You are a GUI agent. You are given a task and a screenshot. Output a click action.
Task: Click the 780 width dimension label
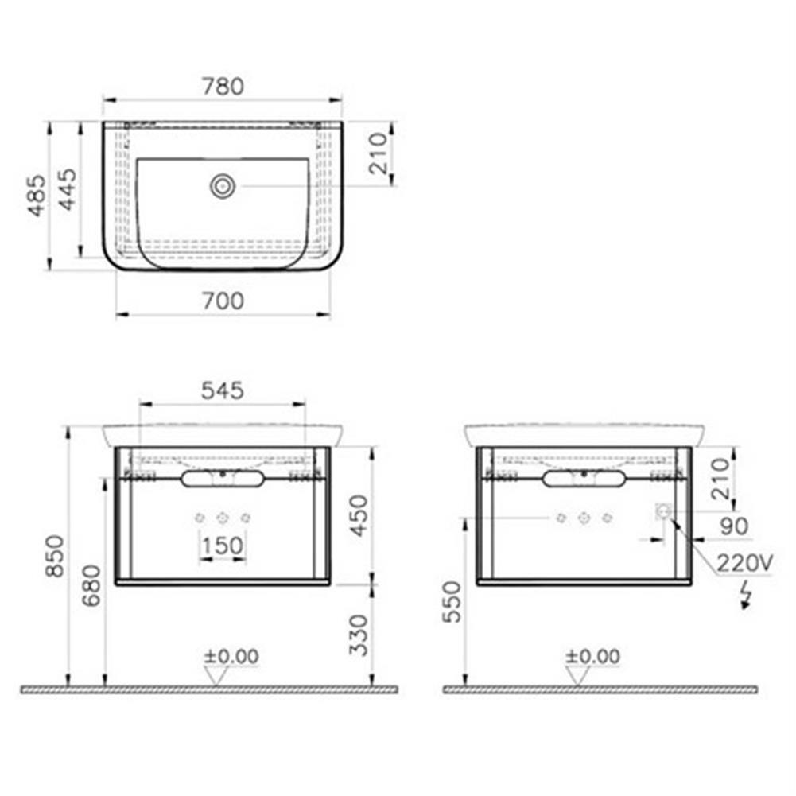click(223, 86)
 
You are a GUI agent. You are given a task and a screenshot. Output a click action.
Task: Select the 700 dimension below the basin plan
click(223, 301)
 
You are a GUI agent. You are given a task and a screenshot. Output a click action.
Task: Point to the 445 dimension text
click(68, 189)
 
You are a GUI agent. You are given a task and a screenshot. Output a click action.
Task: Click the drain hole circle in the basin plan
click(223, 186)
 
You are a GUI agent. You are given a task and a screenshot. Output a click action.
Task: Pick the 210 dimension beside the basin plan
click(379, 153)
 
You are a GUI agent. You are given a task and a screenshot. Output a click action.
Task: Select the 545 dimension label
click(222, 390)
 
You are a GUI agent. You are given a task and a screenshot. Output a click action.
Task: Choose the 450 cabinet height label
click(359, 514)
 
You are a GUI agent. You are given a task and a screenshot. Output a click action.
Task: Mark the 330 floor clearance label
click(359, 634)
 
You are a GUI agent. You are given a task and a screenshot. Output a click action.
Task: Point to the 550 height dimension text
click(452, 602)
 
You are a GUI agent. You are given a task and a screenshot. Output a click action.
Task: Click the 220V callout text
click(744, 564)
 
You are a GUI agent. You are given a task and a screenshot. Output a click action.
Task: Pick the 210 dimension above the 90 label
click(719, 479)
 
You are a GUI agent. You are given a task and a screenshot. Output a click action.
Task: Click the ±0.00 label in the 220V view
click(592, 657)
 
